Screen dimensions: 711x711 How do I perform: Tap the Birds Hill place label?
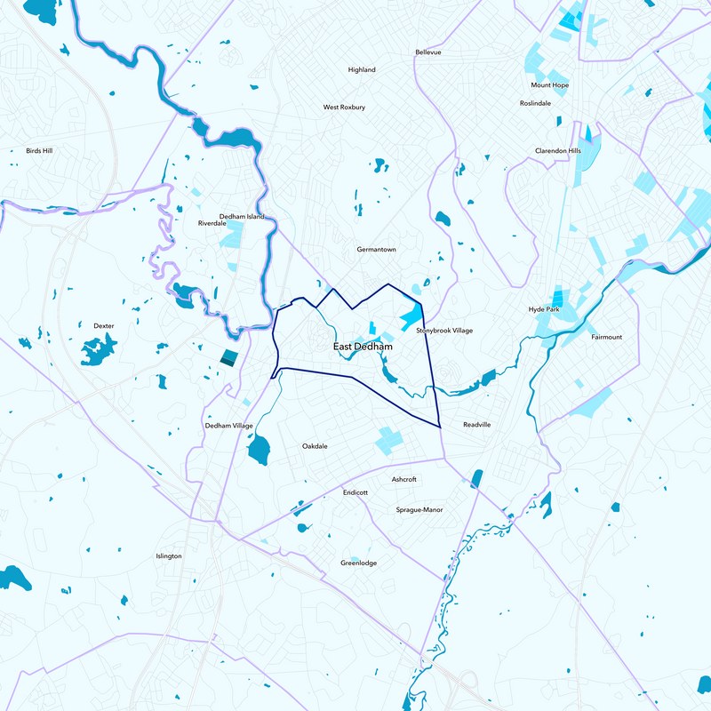point(39,151)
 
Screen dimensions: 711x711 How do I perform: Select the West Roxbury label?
point(344,108)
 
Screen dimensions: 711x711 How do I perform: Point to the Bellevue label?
point(428,52)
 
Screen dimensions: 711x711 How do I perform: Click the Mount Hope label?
point(549,85)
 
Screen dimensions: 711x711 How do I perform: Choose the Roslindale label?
point(535,103)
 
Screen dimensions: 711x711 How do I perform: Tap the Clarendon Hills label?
point(557,151)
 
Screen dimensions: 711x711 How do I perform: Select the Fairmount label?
point(607,338)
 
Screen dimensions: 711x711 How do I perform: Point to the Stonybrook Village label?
point(444,331)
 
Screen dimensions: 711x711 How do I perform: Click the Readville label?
point(477,425)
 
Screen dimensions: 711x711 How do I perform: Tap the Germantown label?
point(376,250)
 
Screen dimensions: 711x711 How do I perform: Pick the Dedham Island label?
point(242,216)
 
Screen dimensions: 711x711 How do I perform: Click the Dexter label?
point(104,326)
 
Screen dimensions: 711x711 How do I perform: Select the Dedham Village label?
point(229,426)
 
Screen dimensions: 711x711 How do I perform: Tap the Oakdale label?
point(315,446)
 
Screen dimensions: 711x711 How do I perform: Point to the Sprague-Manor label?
point(419,510)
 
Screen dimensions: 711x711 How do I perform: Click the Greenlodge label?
point(359,563)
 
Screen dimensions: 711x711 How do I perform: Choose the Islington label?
point(169,556)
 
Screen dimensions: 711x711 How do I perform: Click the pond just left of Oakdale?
point(259,450)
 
